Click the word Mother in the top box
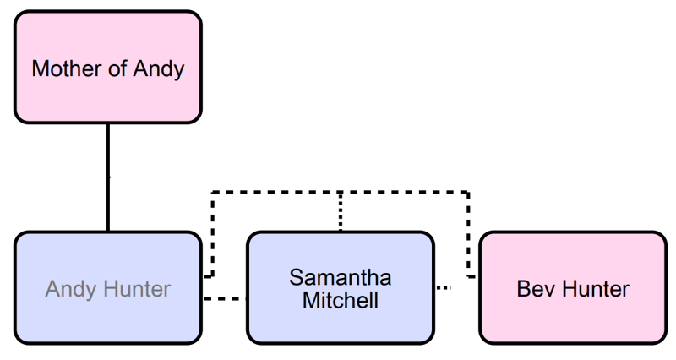62,68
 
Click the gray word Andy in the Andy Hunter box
71,290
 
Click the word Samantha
340,278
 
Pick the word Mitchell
340,300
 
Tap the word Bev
534,290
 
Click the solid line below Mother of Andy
107,177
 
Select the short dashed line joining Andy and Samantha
225,298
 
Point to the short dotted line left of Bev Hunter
444,288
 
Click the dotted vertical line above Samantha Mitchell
340,211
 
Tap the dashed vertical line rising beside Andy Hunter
211,237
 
